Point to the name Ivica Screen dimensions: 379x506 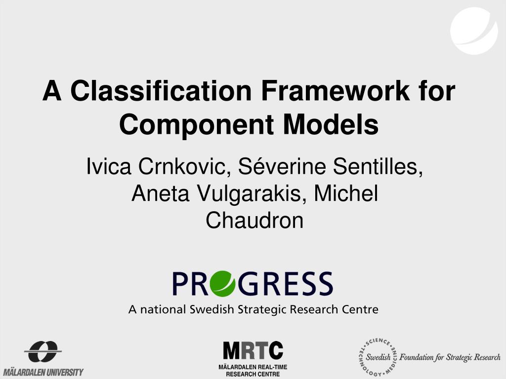point(109,167)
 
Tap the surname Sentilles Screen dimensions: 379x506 point(378,167)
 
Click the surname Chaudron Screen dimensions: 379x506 point(254,221)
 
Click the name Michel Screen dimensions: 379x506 point(346,194)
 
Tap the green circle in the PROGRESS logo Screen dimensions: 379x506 point(218,284)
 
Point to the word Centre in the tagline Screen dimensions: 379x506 point(360,309)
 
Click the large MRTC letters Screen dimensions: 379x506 point(253,350)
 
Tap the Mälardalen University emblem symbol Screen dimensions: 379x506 point(43,352)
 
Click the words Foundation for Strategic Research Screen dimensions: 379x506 point(450,357)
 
